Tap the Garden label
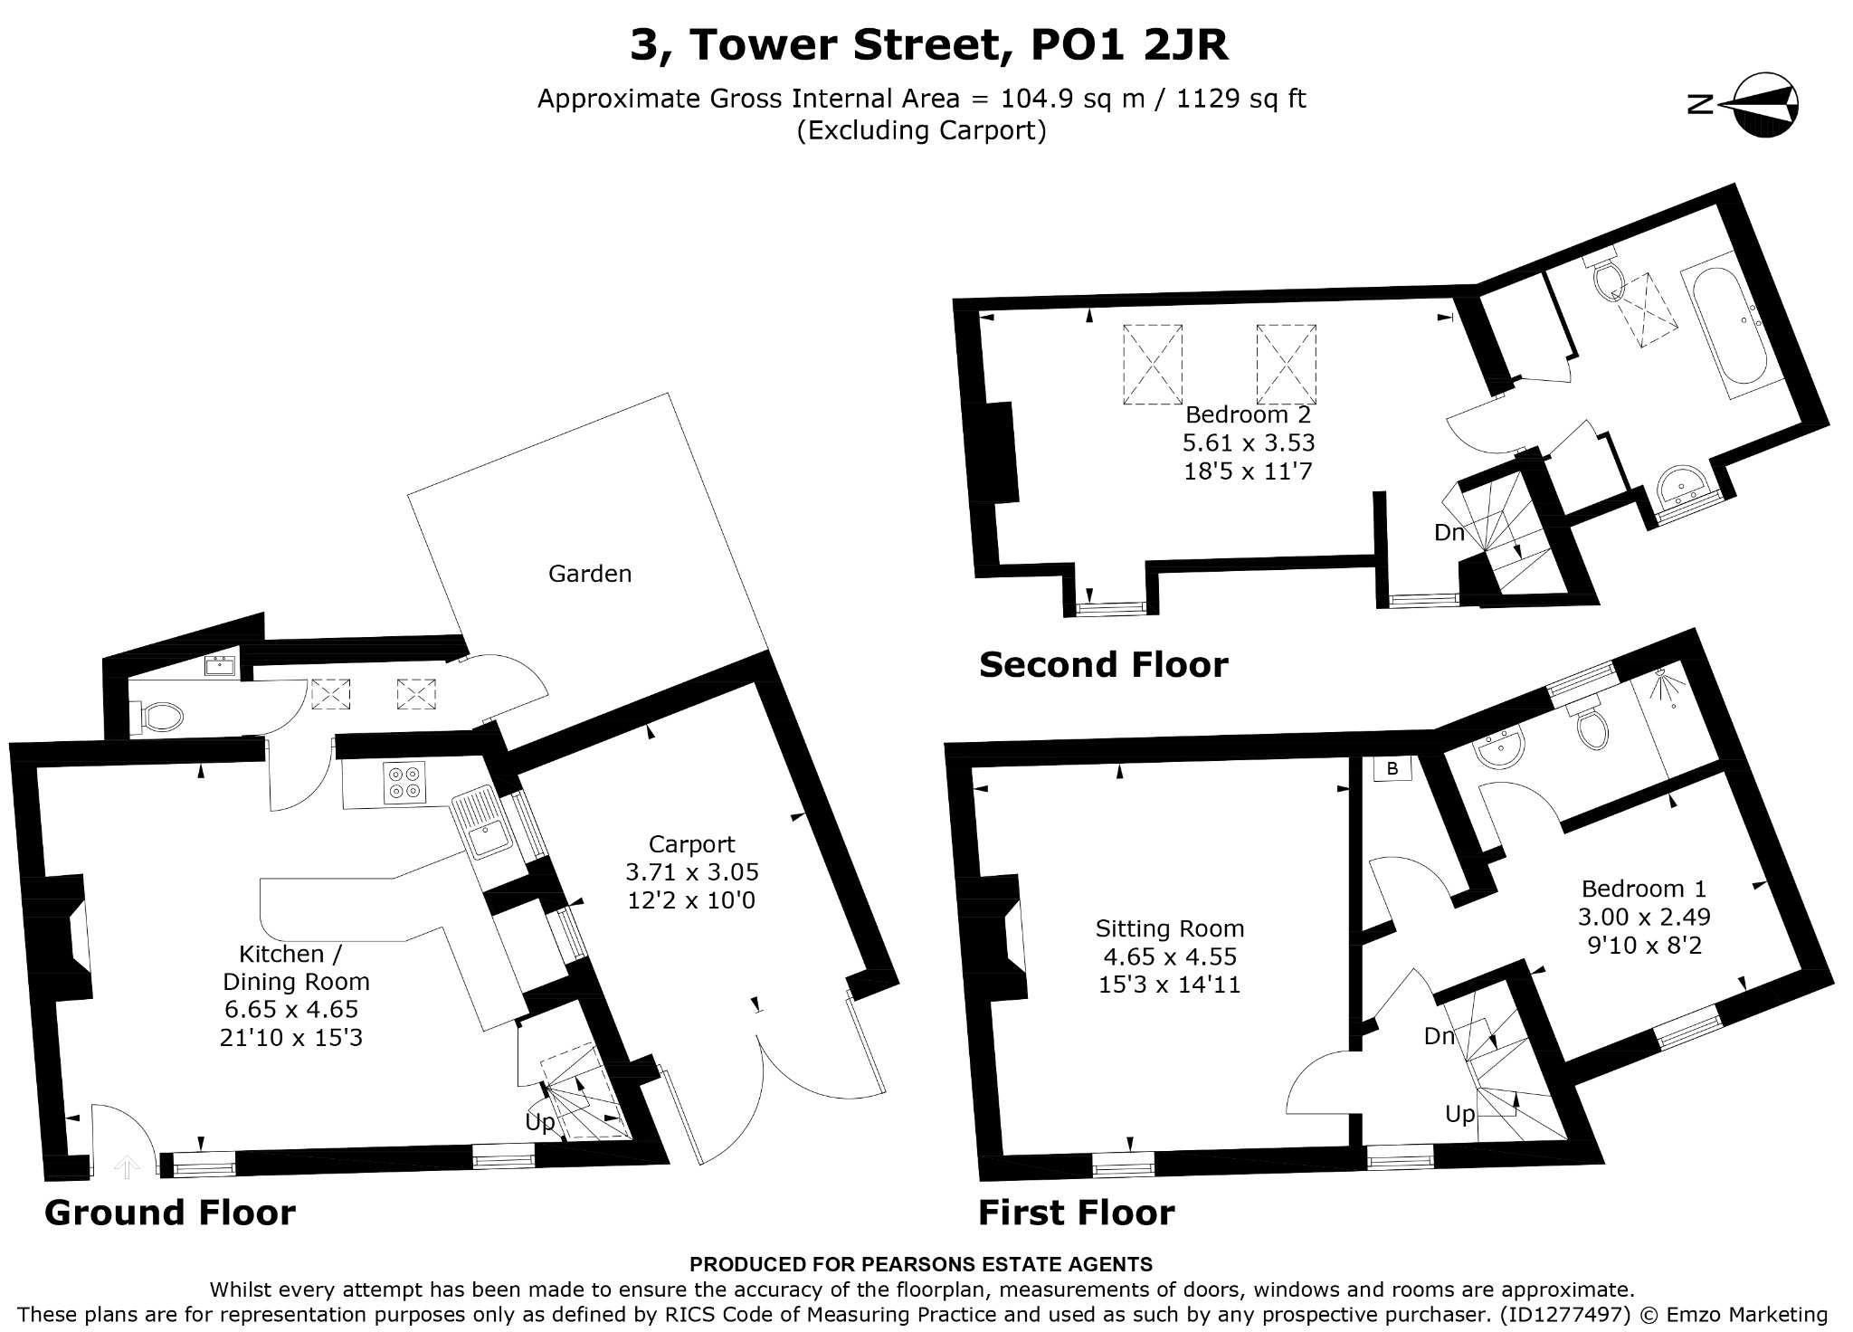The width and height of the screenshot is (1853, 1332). click(590, 573)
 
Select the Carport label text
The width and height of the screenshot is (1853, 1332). click(692, 844)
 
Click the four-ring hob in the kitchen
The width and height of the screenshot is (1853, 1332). click(404, 783)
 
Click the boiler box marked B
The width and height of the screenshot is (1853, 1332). click(1392, 768)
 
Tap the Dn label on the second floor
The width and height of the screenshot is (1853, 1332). click(1449, 532)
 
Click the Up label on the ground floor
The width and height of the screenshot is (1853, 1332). click(540, 1122)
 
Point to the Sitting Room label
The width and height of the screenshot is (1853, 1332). click(1170, 928)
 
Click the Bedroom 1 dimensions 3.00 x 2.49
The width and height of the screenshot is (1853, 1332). click(1644, 917)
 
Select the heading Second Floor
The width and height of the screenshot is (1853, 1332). click(1104, 665)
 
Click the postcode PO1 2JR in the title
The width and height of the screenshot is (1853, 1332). click(1130, 45)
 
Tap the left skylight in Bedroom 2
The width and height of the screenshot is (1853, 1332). click(1153, 365)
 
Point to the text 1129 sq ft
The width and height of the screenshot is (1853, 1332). click(1241, 98)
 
